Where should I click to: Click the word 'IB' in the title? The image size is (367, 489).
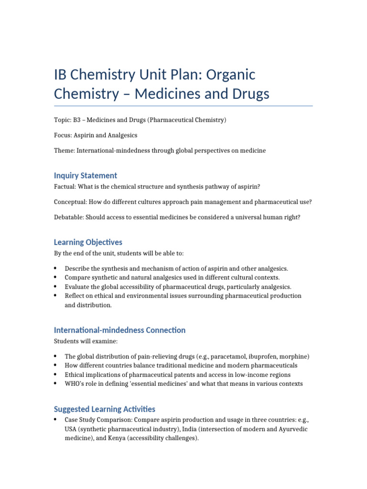tap(61, 75)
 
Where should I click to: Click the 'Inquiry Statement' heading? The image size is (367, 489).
tap(86, 175)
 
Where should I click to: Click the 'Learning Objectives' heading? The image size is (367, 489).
tap(88, 242)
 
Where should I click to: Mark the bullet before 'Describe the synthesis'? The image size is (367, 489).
tap(56, 268)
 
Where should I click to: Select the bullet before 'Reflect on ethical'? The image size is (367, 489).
tap(56, 296)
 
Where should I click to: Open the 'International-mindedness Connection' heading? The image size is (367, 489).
tap(119, 330)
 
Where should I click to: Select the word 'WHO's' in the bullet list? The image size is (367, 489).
tap(74, 384)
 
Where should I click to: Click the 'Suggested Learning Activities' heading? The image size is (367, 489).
tap(105, 409)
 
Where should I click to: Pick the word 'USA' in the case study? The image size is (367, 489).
tap(71, 429)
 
